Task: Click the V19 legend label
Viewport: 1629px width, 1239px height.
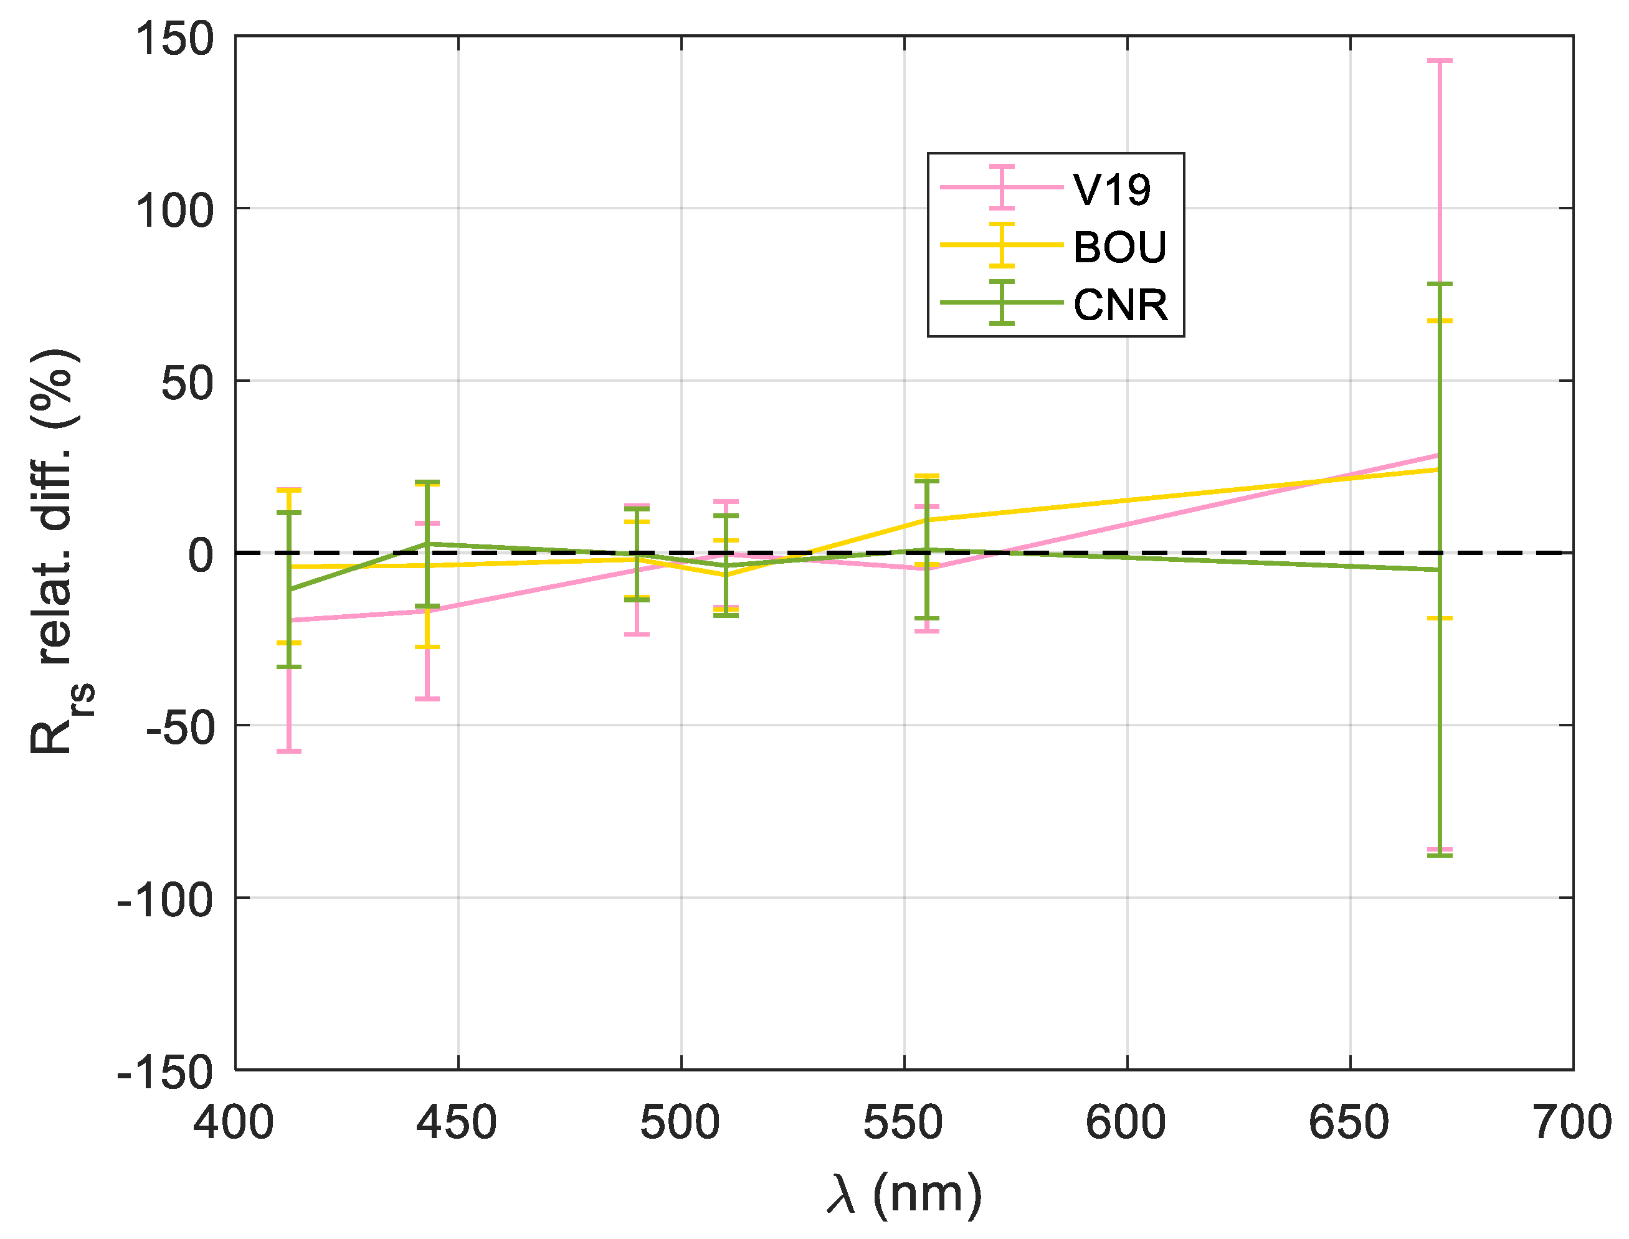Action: (x=1111, y=189)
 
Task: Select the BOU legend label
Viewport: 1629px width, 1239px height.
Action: (x=1119, y=247)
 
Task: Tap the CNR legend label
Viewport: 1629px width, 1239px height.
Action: (x=1120, y=305)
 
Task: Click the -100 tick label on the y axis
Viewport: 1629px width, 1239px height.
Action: (x=165, y=899)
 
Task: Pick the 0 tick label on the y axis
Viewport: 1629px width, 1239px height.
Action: (x=201, y=554)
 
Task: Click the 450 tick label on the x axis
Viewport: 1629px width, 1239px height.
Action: (x=457, y=1123)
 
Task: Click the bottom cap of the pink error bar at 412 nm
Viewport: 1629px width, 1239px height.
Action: (x=289, y=751)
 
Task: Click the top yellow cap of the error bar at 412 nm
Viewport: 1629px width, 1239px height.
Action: (x=289, y=489)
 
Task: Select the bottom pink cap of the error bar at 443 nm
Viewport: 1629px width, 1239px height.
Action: (x=427, y=698)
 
